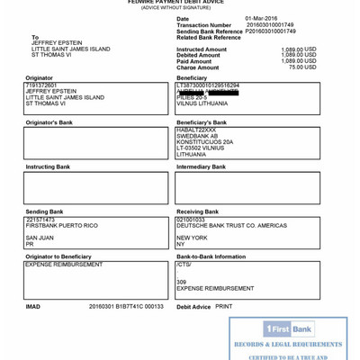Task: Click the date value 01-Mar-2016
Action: [261, 18]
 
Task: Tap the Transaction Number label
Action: [204, 24]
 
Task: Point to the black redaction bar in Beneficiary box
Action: [208, 91]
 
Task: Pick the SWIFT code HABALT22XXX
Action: [196, 130]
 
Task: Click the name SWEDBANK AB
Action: [195, 136]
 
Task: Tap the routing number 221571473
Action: [40, 219]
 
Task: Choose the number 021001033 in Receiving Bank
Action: [191, 219]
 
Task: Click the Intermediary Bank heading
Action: [201, 166]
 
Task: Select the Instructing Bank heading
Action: [48, 166]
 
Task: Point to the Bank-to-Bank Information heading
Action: [211, 256]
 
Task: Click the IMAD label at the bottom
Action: [32, 306]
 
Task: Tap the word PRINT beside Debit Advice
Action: [223, 306]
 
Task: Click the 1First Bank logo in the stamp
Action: [289, 329]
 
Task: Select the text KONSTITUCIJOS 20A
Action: [204, 141]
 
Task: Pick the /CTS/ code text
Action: [184, 265]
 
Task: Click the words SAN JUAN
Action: [40, 238]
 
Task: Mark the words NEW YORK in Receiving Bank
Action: [192, 238]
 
